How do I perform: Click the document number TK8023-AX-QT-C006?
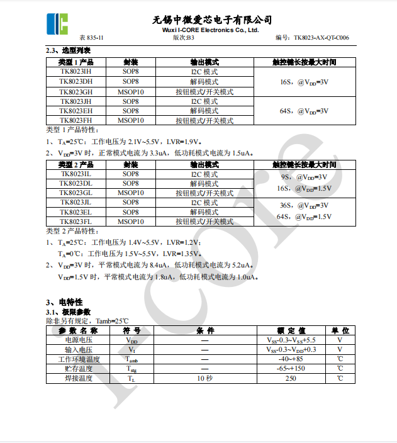click(321, 38)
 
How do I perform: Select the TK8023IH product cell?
click(75, 72)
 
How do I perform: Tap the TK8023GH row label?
click(75, 92)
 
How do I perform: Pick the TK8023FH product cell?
click(75, 120)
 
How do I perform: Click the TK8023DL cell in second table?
click(75, 183)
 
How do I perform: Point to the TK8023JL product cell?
click(75, 203)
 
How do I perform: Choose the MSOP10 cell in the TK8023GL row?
click(131, 193)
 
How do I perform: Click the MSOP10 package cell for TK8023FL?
click(131, 221)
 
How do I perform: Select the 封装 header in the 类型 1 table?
click(131, 62)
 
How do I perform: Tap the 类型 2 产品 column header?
click(75, 164)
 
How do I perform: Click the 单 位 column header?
click(340, 330)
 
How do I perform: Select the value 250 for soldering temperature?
click(291, 378)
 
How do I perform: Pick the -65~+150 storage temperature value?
click(291, 369)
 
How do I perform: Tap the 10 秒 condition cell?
click(205, 378)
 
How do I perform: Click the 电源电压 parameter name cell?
click(79, 340)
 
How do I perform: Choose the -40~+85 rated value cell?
click(291, 359)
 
